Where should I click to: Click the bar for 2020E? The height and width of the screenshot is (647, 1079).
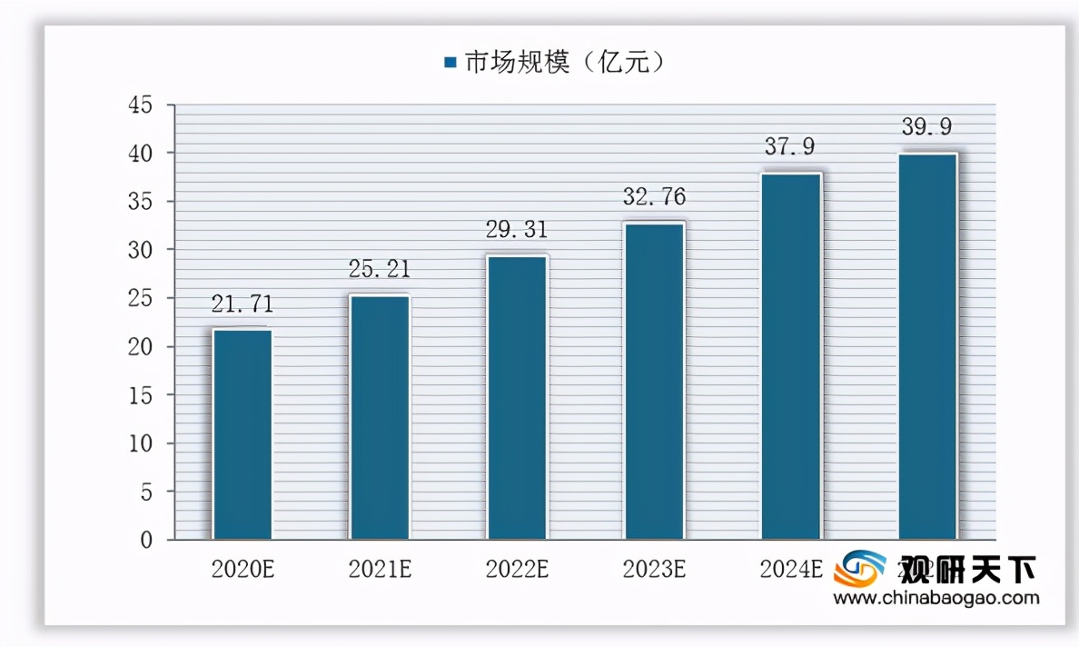pos(243,434)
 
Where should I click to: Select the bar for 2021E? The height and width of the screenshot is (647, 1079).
pos(380,417)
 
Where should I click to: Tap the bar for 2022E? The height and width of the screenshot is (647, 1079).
pos(517,398)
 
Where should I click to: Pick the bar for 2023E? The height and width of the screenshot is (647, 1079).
pos(654,381)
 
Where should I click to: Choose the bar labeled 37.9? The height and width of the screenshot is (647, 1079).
pos(791,356)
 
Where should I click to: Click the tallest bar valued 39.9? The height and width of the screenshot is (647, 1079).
pos(927,346)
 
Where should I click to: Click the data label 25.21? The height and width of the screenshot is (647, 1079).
pos(380,269)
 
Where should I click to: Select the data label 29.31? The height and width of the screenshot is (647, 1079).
pos(517,231)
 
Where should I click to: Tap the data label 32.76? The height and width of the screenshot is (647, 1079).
pos(654,196)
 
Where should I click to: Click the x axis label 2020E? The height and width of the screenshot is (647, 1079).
pos(243,570)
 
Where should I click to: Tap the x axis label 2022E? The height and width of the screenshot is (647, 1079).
pos(517,570)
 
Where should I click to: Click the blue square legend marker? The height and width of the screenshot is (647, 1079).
pos(450,63)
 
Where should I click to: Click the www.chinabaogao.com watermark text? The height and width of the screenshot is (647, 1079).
pos(935,598)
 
